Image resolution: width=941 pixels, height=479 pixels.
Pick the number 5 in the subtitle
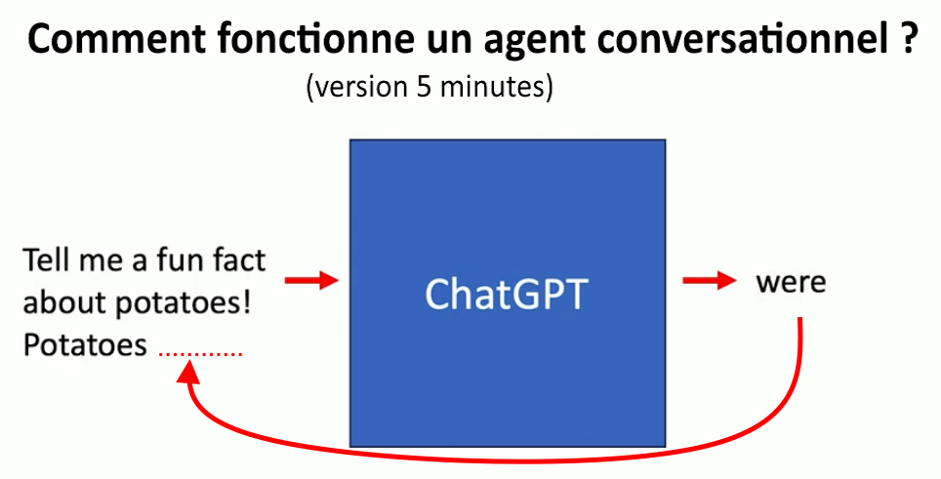coord(424,88)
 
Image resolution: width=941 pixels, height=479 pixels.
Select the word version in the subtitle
coord(362,88)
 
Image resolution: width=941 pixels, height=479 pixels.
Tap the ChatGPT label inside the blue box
coord(506,294)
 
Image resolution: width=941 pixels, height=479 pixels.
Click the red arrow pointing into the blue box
coord(311,280)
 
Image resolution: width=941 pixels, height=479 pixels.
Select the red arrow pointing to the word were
coord(710,280)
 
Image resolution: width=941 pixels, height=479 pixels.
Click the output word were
coord(791,282)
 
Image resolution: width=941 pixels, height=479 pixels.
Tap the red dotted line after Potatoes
coord(200,355)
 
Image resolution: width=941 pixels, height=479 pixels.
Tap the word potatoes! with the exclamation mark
coord(183,304)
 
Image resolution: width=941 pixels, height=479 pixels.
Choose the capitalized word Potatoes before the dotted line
coord(85,344)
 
